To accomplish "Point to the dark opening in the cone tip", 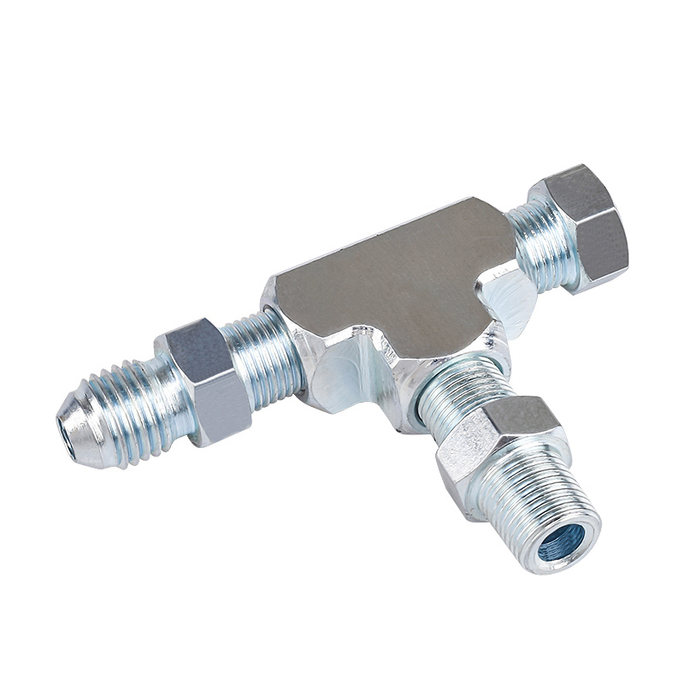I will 62,426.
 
